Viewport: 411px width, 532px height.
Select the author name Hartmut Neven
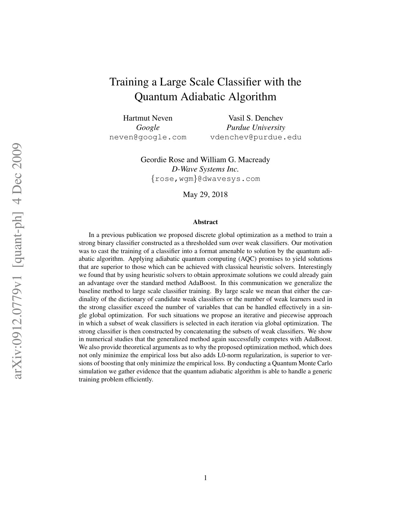(x=148, y=118)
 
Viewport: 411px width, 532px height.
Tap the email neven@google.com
(x=148, y=137)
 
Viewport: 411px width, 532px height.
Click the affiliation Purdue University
(x=256, y=128)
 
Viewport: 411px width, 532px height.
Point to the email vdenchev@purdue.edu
(x=256, y=137)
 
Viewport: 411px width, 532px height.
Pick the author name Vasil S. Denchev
(x=256, y=118)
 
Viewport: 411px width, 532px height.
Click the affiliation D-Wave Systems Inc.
(x=205, y=169)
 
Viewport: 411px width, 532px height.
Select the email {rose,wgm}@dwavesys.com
(x=205, y=179)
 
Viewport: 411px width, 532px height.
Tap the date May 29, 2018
(x=205, y=194)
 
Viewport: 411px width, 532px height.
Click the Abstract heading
(x=205, y=222)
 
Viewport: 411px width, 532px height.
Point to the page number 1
(x=205, y=478)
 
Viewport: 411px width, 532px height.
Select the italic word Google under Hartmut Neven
(x=148, y=128)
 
